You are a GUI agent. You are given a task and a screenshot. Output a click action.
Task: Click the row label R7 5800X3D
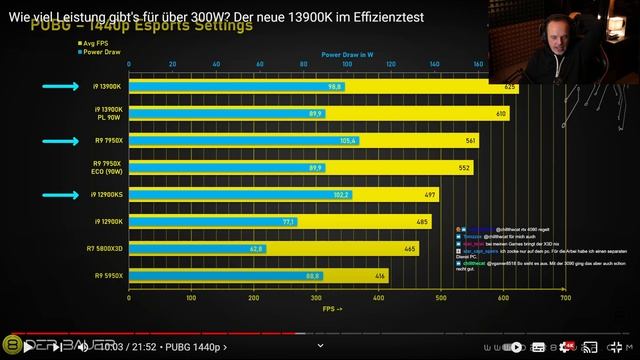coord(104,248)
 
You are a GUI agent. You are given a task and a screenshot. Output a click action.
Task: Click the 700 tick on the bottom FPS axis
coord(565,299)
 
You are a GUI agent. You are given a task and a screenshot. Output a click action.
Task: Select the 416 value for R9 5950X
coord(408,275)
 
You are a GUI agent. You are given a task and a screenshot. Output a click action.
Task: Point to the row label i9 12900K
coord(108,221)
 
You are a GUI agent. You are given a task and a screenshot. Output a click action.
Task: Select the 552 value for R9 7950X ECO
coord(465,168)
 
